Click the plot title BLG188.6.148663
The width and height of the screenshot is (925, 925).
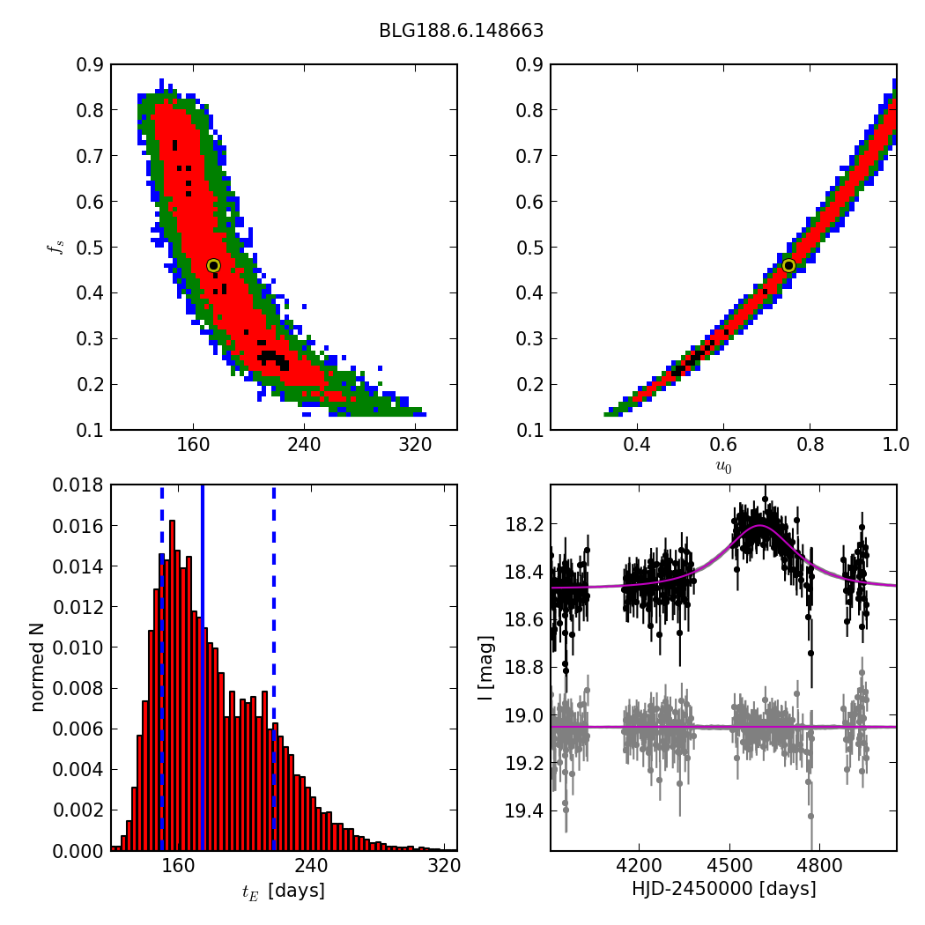click(461, 31)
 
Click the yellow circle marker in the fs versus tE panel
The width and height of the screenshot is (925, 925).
click(213, 265)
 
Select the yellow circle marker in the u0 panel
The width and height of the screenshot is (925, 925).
click(788, 265)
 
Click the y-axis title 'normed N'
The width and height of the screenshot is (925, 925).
click(38, 667)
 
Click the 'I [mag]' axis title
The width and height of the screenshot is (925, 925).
click(485, 667)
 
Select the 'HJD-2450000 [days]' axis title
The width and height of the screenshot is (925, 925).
click(723, 889)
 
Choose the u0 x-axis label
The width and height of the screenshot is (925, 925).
click(723, 468)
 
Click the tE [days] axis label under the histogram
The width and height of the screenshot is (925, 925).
click(283, 891)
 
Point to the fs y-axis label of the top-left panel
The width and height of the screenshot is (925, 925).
click(55, 247)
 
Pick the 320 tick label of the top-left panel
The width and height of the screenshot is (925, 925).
click(415, 446)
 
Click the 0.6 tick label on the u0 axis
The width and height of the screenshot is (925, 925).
click(723, 446)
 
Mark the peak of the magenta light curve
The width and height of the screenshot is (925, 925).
click(760, 526)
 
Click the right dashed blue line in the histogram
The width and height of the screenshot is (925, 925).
click(274, 670)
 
